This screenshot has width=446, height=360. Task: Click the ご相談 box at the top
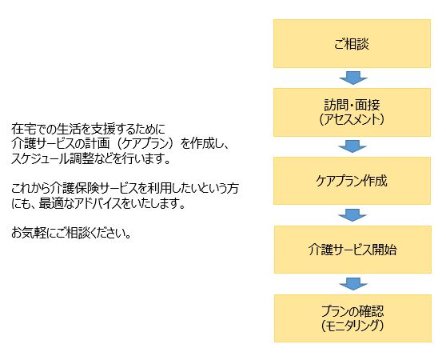pos(352,43)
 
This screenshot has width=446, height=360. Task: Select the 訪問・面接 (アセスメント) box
pos(352,113)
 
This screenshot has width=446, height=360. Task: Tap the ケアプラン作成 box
pos(352,181)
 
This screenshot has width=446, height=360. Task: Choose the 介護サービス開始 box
pos(352,250)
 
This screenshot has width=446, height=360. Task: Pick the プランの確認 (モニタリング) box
pos(352,318)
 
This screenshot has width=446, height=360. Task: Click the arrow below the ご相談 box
pos(353,78)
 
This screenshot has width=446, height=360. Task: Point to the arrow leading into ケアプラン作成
pos(352,146)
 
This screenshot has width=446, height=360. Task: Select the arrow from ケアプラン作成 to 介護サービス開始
pos(352,215)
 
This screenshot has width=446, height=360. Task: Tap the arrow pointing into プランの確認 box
pos(353,284)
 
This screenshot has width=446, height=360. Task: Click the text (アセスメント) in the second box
pos(352,119)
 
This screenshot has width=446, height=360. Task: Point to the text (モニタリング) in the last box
pos(352,326)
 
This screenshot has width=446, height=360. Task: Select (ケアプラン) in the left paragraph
pos(145,144)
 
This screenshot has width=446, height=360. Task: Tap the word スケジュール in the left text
pos(41,158)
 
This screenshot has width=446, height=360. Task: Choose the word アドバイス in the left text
pos(94,203)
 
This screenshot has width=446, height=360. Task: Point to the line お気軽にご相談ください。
pos(71,233)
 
